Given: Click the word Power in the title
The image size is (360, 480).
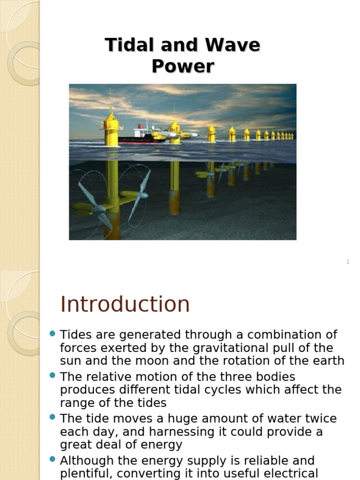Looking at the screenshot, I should pos(183,66).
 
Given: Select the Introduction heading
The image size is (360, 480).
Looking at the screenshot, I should pos(125,304).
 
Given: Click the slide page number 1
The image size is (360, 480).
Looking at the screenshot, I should pos(348,262).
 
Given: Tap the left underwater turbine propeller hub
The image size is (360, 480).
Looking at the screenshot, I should pos(99,209).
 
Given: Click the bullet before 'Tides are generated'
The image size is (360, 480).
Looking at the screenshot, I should pos(52,334).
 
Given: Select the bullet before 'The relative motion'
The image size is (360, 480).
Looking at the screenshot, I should pos(52,375).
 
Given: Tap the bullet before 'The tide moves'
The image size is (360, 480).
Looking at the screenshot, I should pos(52,417).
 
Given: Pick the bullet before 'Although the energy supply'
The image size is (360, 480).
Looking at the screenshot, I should pos(52,459).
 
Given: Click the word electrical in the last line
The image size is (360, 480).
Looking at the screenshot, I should pos(288,473).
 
